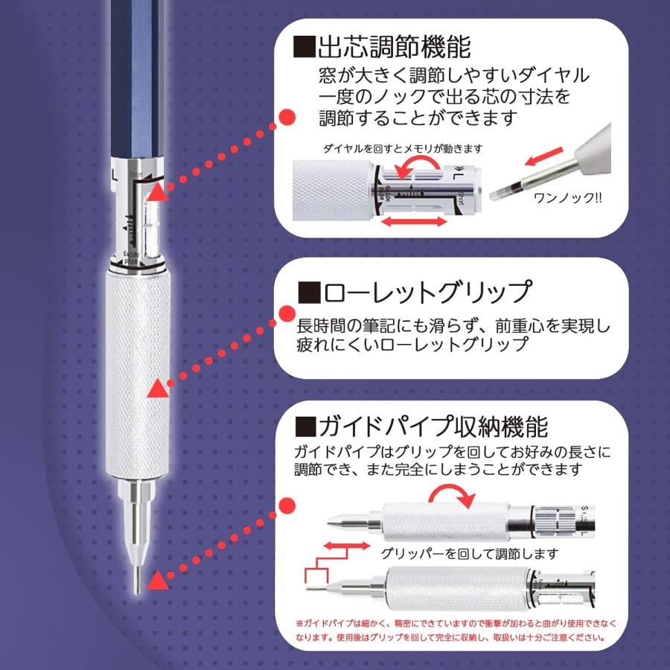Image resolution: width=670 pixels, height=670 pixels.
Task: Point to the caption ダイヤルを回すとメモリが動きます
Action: [x=402, y=149]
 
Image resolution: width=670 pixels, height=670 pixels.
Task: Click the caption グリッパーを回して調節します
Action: [x=469, y=555]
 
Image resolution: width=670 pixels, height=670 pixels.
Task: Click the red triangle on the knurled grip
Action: [x=159, y=389]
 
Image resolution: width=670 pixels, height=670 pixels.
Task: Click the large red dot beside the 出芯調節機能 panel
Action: [x=287, y=117]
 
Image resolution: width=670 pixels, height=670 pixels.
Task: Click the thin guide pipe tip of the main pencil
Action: [x=136, y=573]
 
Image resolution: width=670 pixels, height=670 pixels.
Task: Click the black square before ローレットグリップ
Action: [x=308, y=292]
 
